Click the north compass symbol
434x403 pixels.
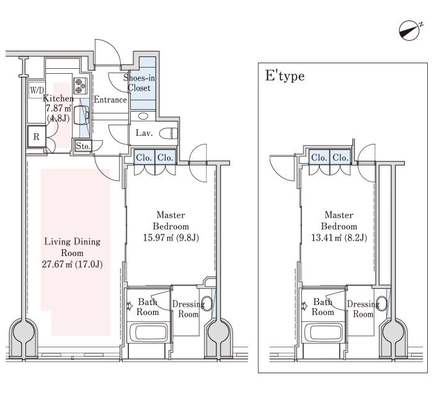[x=409, y=31]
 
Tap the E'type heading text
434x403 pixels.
[x=285, y=76]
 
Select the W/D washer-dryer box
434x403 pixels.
[x=37, y=90]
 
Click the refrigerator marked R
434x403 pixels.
[x=37, y=136]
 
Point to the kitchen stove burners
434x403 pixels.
[x=80, y=86]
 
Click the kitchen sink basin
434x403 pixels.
[x=82, y=115]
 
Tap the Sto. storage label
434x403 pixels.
[x=83, y=146]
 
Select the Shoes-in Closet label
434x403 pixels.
[x=139, y=82]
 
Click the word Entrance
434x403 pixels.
[x=110, y=99]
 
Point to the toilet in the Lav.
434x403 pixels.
[x=168, y=133]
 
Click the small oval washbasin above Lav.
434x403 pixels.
[x=143, y=116]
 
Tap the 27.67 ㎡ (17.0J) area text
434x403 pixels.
[x=73, y=264]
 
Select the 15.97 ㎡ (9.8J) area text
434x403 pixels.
[x=170, y=237]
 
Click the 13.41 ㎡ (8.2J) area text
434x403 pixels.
[x=339, y=237]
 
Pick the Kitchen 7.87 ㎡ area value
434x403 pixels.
[x=58, y=108]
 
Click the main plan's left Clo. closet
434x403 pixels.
[x=144, y=157]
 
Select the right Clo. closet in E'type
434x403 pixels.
[x=340, y=157]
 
